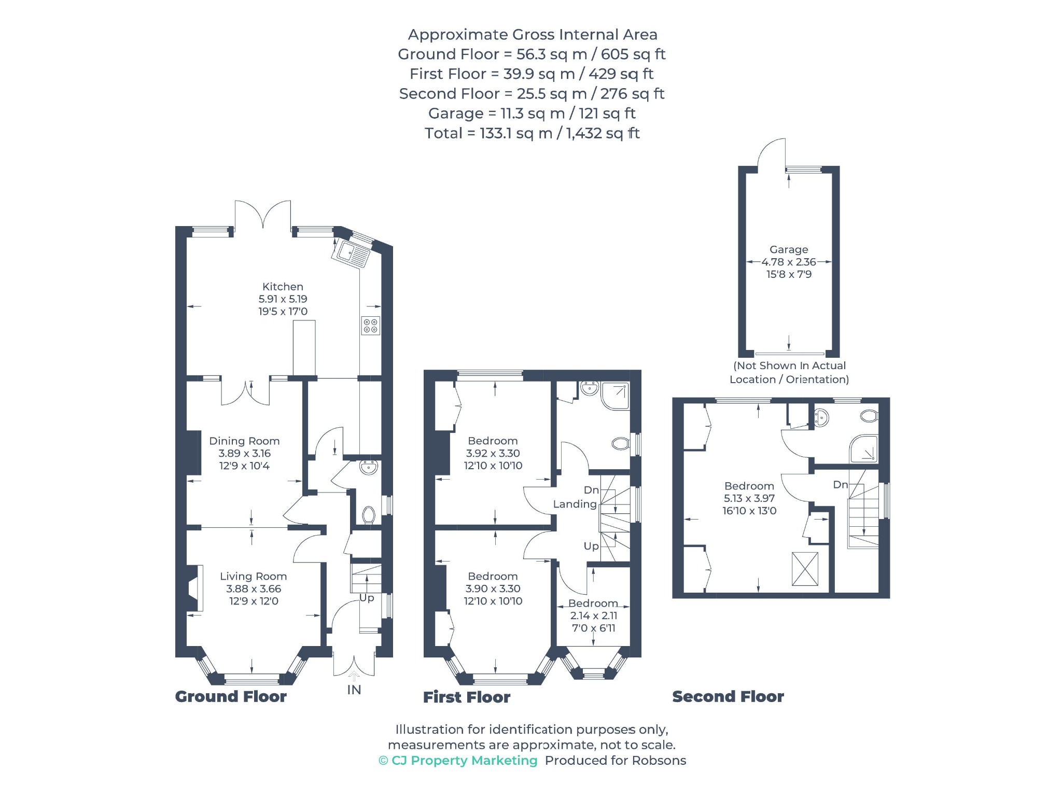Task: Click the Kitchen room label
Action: (x=283, y=287)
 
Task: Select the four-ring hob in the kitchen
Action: (x=371, y=326)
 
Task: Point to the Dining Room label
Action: (x=244, y=441)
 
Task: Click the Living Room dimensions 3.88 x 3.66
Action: (x=254, y=589)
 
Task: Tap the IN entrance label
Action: (x=354, y=690)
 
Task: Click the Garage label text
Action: (x=789, y=249)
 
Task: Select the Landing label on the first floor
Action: (x=575, y=504)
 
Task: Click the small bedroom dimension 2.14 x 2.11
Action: (x=594, y=616)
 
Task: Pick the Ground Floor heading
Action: (x=231, y=696)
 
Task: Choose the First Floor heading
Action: (x=467, y=697)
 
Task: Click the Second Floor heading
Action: (x=728, y=696)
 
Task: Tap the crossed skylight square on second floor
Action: (x=805, y=569)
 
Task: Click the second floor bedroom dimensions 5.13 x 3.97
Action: (x=749, y=499)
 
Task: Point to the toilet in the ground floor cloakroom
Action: (x=369, y=515)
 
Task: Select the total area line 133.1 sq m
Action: (x=532, y=133)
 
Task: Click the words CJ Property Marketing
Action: (x=464, y=761)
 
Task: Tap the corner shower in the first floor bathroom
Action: (x=616, y=396)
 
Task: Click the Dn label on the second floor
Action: (x=840, y=485)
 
